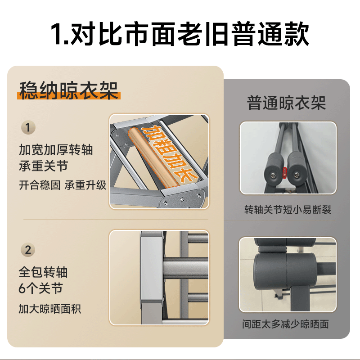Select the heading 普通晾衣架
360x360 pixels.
[x=286, y=103]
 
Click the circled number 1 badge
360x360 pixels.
[x=28, y=128]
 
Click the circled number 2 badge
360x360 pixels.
[x=28, y=250]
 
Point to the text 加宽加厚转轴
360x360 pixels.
[x=56, y=150]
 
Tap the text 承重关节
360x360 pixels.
[x=43, y=166]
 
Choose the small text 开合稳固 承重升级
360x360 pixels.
[x=63, y=185]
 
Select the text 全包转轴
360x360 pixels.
[x=43, y=272]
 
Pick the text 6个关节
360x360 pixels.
[x=40, y=288]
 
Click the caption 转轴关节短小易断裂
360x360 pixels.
[x=288, y=210]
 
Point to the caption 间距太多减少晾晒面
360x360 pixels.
[x=288, y=324]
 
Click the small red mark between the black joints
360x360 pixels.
[x=284, y=171]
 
